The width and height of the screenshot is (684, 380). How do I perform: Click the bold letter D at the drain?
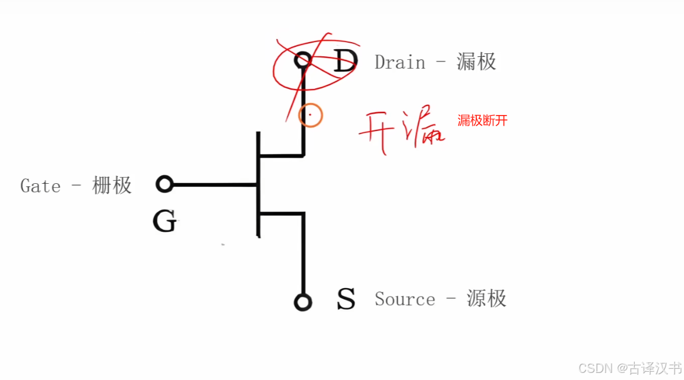[x=345, y=60]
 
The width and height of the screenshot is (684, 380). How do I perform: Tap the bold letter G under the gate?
[x=164, y=222]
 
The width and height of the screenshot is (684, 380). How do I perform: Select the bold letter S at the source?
[x=346, y=299]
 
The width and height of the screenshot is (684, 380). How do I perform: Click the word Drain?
[x=400, y=62]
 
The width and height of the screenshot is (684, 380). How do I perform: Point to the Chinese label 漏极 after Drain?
[x=476, y=62]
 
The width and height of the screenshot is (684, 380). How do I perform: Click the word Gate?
[x=40, y=186]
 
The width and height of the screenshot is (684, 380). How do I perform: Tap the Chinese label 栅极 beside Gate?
[x=112, y=186]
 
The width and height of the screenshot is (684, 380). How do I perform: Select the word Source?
[x=404, y=299]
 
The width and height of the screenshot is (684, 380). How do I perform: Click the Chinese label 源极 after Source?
[x=486, y=299]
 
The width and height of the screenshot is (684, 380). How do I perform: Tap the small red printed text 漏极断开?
[x=482, y=121]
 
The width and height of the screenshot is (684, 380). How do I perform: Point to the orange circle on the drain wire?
[x=310, y=114]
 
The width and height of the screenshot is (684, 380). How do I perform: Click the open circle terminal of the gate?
[x=164, y=184]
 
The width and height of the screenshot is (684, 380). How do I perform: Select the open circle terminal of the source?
[x=303, y=302]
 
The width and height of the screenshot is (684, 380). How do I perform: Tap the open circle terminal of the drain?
[x=303, y=59]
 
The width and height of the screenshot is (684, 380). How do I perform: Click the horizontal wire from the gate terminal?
[x=214, y=185]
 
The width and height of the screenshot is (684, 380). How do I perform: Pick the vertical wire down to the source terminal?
[x=303, y=255]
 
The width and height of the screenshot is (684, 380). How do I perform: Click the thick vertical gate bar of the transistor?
[x=258, y=184]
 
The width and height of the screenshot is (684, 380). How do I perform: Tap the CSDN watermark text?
[x=596, y=368]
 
